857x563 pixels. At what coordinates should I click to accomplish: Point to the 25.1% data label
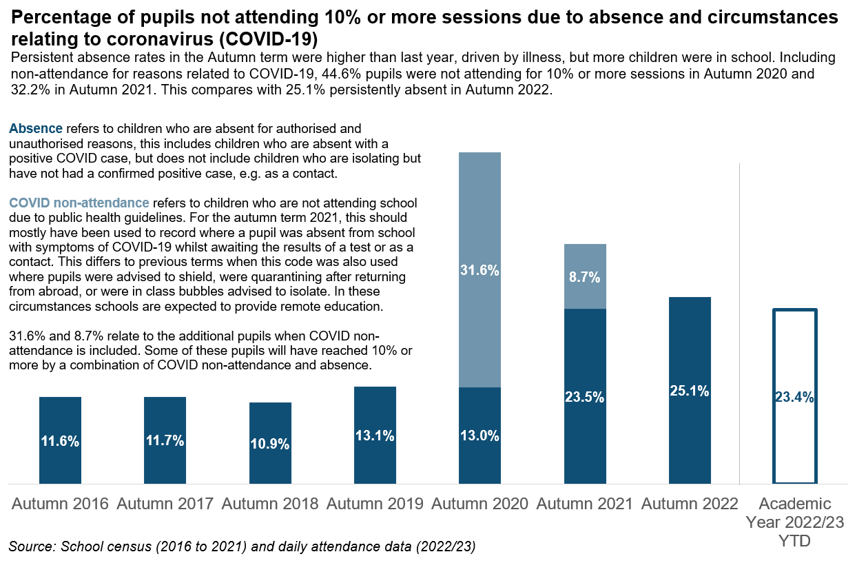690,391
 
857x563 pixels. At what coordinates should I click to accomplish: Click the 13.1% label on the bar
375,436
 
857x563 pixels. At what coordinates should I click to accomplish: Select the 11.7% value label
165,441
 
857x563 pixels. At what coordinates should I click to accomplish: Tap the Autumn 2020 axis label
479,504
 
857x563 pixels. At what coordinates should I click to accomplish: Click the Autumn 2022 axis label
690,504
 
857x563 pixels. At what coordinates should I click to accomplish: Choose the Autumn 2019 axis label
375,504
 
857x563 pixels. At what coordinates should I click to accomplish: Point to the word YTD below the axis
794,541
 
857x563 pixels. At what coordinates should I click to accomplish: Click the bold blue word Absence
36,129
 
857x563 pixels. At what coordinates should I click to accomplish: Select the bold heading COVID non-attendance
79,203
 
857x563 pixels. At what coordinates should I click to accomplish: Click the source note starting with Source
242,547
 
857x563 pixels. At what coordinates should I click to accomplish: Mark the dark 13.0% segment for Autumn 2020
479,436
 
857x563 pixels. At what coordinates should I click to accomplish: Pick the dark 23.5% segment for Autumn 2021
585,396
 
